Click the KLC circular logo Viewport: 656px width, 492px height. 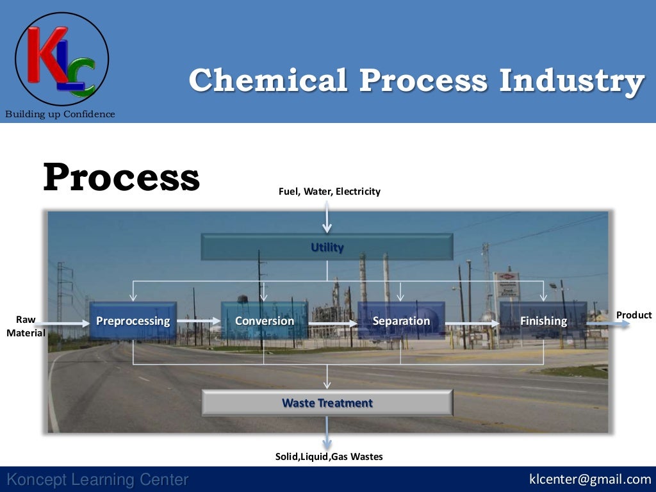tap(61, 59)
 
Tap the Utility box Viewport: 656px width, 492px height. tap(327, 247)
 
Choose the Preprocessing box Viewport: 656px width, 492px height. tap(133, 320)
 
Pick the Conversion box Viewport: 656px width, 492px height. tap(264, 320)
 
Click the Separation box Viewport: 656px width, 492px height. tap(401, 320)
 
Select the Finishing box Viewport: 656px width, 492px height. tap(543, 320)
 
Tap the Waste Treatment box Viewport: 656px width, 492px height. tap(327, 403)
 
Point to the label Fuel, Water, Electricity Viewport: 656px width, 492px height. tap(329, 191)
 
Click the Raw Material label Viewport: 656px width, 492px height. tap(26, 326)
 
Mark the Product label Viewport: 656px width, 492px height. tap(634, 315)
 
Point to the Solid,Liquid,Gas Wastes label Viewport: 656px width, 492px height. tap(329, 456)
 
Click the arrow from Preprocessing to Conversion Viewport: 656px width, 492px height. tap(199, 320)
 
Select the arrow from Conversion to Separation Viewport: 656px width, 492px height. tap(333, 324)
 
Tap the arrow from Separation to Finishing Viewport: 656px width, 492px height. tap(472, 324)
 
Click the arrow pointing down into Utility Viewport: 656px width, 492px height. tap(327, 217)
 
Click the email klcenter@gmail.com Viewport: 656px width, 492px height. tap(589, 479)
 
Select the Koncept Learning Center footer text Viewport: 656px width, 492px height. tap(97, 479)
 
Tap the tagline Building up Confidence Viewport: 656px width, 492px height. tap(60, 114)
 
